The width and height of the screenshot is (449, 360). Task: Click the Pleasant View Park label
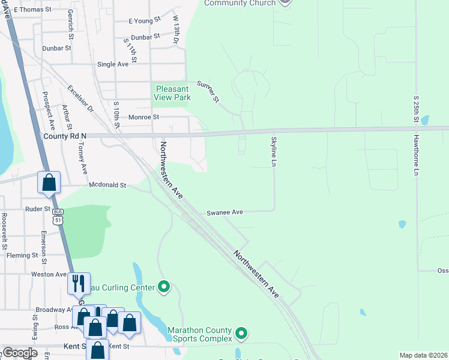click(x=172, y=93)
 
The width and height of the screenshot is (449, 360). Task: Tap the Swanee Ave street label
click(x=224, y=212)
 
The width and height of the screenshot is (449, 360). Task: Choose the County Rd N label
click(x=65, y=136)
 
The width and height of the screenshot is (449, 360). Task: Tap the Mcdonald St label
click(x=107, y=185)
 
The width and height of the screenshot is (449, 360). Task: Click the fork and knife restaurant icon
click(x=79, y=283)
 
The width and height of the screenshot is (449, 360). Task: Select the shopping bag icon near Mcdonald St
click(x=49, y=182)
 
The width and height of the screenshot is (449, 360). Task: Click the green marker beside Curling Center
click(x=164, y=287)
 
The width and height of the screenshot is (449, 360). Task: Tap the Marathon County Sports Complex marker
click(x=241, y=332)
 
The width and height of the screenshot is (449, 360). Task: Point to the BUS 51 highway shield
click(x=58, y=216)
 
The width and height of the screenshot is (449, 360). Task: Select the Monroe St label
click(x=139, y=117)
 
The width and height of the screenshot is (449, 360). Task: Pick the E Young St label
click(x=145, y=20)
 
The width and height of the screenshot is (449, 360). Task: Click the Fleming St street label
click(x=22, y=256)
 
